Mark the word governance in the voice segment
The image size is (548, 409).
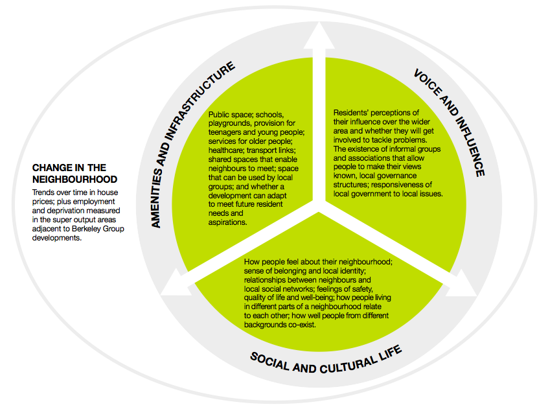[x=398, y=184]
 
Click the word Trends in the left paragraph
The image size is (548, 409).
[x=43, y=193]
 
